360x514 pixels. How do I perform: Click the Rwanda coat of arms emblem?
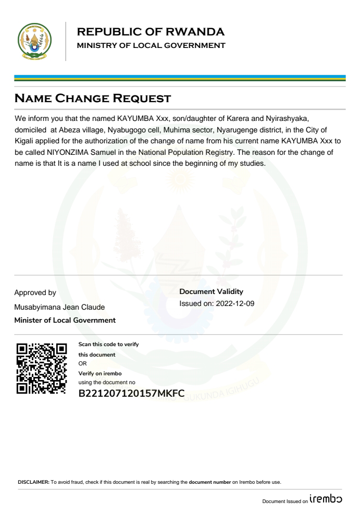(34, 41)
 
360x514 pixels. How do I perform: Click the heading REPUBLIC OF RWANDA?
(151, 32)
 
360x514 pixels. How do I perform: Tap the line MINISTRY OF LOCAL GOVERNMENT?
(151, 45)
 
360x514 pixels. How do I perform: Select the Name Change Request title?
(93, 97)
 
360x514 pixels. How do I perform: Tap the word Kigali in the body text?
(25, 141)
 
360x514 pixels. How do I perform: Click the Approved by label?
(35, 293)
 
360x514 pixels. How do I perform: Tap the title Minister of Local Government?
(65, 320)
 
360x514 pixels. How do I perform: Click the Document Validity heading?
(211, 292)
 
